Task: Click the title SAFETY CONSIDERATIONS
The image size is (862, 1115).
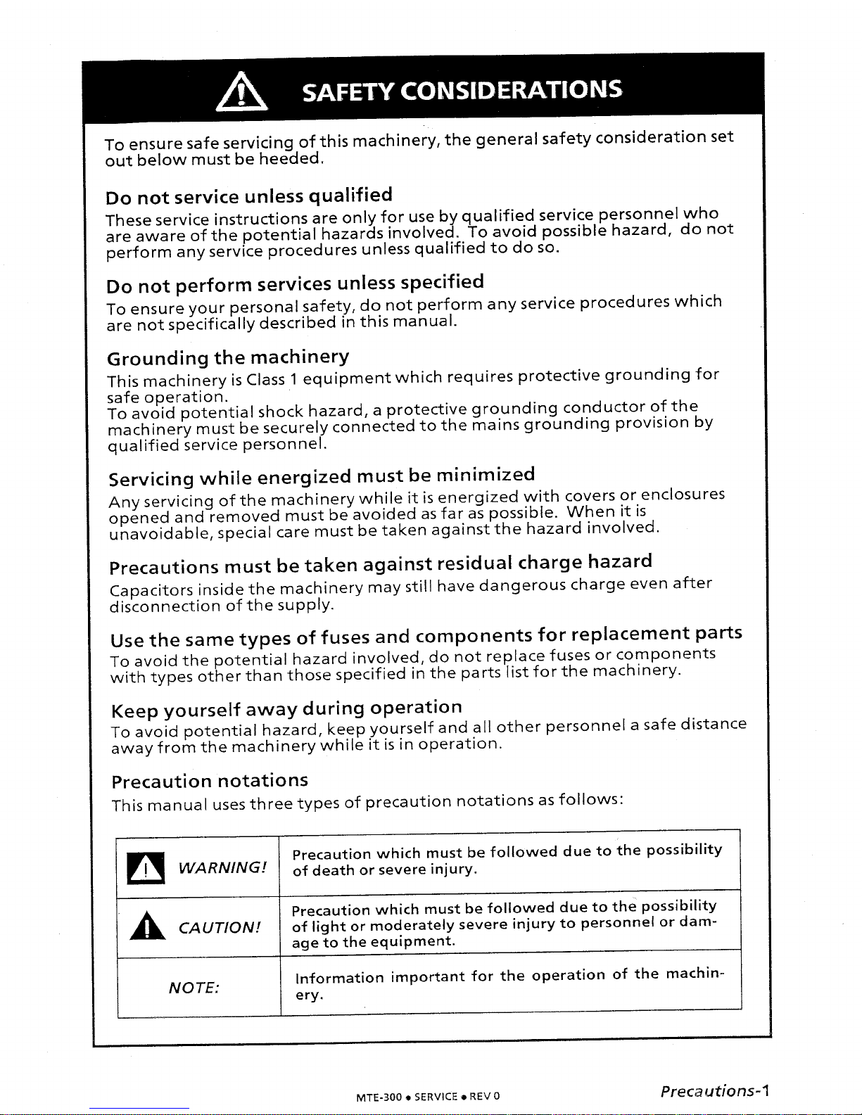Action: click(x=462, y=91)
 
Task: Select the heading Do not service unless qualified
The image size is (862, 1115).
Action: click(x=248, y=196)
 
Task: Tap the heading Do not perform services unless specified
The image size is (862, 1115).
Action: click(x=294, y=284)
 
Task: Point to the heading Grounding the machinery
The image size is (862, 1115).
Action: click(x=227, y=358)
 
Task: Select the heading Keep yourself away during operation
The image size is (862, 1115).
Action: click(x=286, y=709)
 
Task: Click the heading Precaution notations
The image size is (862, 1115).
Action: click(x=210, y=782)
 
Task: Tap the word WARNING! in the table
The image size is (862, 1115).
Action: click(x=222, y=867)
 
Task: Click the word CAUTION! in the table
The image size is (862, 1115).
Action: click(x=220, y=927)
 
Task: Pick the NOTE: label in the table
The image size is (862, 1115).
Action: click(x=194, y=988)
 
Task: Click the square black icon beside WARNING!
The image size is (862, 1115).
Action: click(x=146, y=867)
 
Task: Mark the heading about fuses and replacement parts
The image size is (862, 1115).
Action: click(x=426, y=637)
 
